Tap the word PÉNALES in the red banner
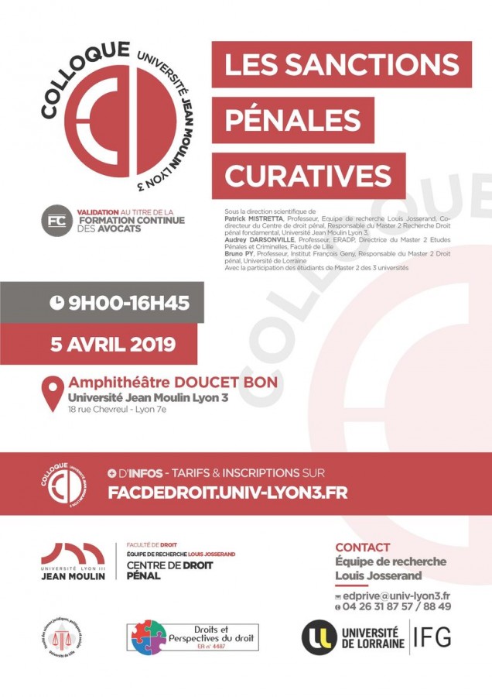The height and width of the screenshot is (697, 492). (293, 120)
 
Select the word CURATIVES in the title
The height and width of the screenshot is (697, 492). (309, 175)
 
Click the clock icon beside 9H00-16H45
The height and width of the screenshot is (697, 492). (56, 304)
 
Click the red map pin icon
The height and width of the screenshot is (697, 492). (52, 393)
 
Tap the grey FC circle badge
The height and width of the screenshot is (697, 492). (56, 220)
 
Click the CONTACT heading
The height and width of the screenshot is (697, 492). (363, 547)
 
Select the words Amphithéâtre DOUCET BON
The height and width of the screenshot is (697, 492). (173, 383)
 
